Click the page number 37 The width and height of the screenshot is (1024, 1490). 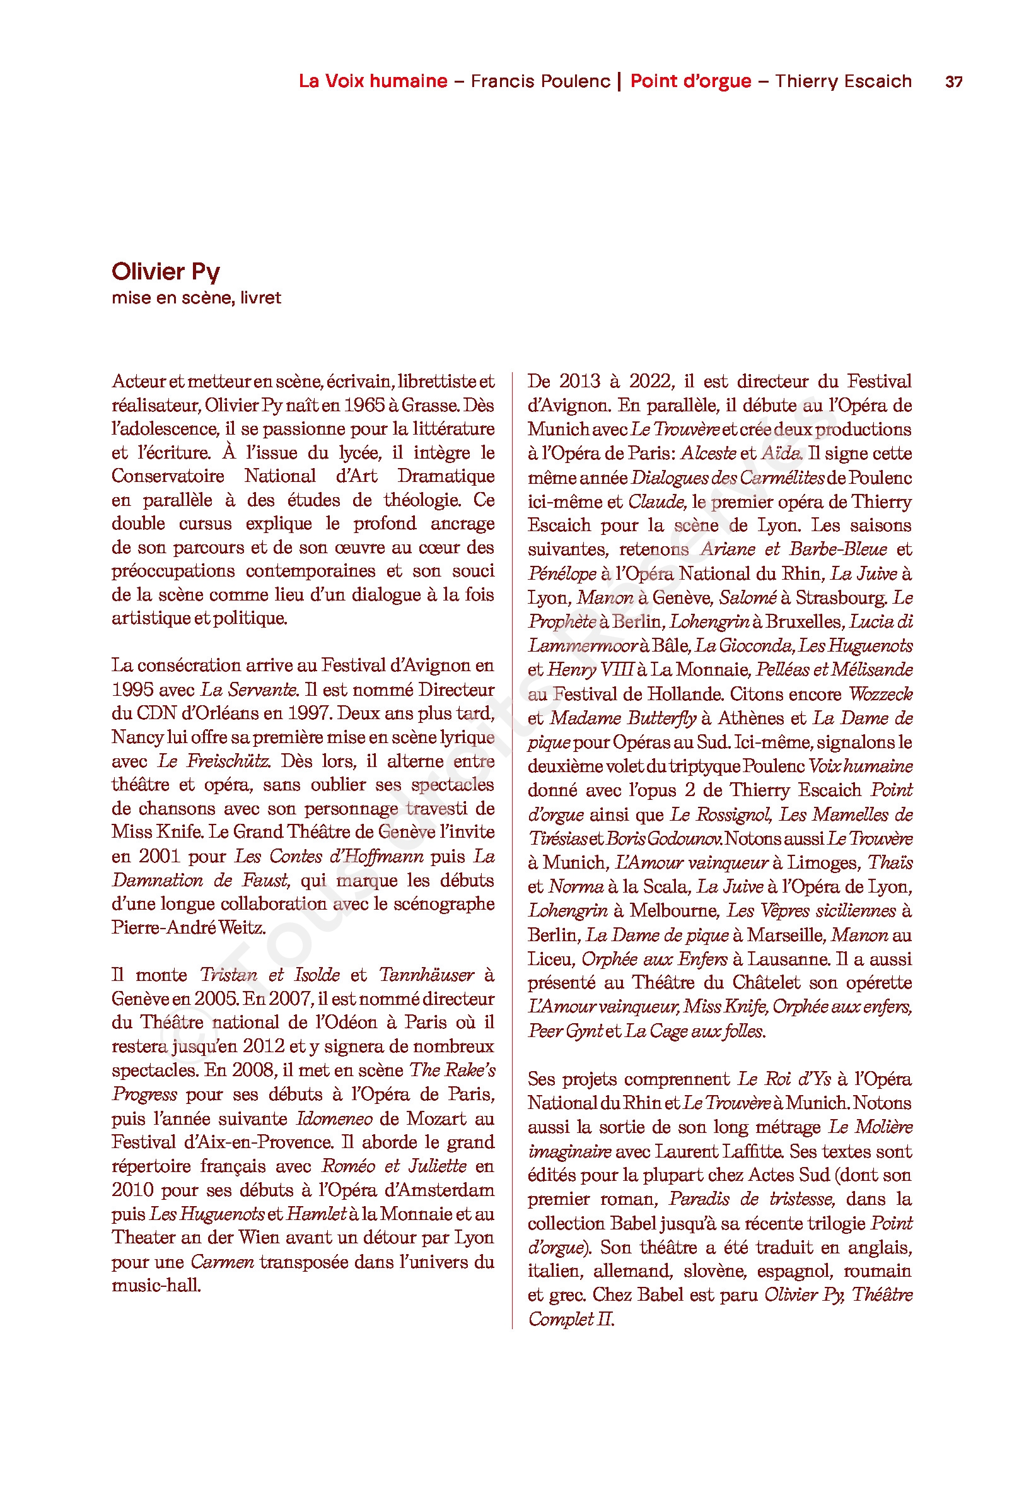[x=953, y=82]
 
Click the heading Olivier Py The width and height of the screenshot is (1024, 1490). [x=166, y=271]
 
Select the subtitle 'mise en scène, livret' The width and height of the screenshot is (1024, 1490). [x=196, y=298]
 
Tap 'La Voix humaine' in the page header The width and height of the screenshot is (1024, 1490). [x=373, y=81]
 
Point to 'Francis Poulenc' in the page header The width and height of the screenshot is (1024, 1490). [x=540, y=81]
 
